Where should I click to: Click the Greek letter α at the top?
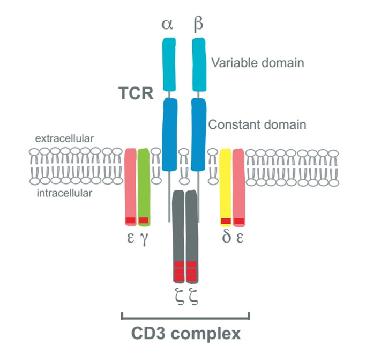point(169,24)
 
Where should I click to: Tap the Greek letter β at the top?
point(198,24)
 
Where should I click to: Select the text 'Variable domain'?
point(257,62)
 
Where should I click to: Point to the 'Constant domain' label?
point(257,125)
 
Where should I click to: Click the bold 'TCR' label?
point(136,93)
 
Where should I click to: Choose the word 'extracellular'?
point(65,138)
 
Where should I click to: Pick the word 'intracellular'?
point(65,192)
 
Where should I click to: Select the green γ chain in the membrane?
point(143,182)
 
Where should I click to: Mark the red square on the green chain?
point(143,220)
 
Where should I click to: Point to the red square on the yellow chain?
point(226,221)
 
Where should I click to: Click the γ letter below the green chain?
point(144,237)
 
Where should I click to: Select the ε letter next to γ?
point(130,237)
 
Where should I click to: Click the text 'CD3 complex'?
point(186,333)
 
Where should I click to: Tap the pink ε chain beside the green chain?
point(130,182)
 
